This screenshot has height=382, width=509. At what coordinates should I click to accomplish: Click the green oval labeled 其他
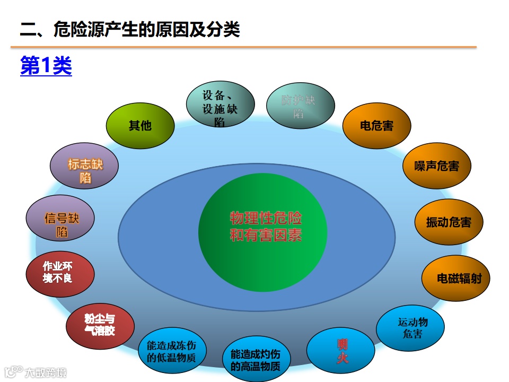point(140,126)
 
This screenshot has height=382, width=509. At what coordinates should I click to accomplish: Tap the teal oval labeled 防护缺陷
point(300,106)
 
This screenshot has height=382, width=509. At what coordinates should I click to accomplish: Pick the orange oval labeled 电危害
point(377,126)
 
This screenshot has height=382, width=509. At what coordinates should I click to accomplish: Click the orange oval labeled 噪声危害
point(437,166)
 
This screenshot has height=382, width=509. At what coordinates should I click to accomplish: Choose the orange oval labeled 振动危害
point(449,222)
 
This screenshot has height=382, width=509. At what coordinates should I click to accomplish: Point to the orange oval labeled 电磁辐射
point(455,278)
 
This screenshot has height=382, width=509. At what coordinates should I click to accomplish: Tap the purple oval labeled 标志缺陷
point(84,170)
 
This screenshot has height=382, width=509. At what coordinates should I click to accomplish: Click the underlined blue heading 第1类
point(46,66)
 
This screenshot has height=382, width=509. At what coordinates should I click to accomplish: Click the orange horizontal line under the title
point(244,47)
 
